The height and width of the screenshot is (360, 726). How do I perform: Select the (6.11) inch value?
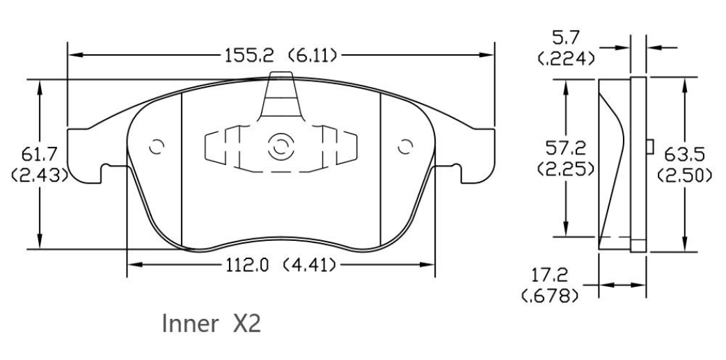point(313,56)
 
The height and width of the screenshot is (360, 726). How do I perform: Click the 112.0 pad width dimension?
point(248,265)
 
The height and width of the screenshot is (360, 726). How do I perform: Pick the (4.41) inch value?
point(309,265)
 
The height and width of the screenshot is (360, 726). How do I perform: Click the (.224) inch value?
point(566,58)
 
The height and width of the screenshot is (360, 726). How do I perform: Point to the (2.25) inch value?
point(566,169)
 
